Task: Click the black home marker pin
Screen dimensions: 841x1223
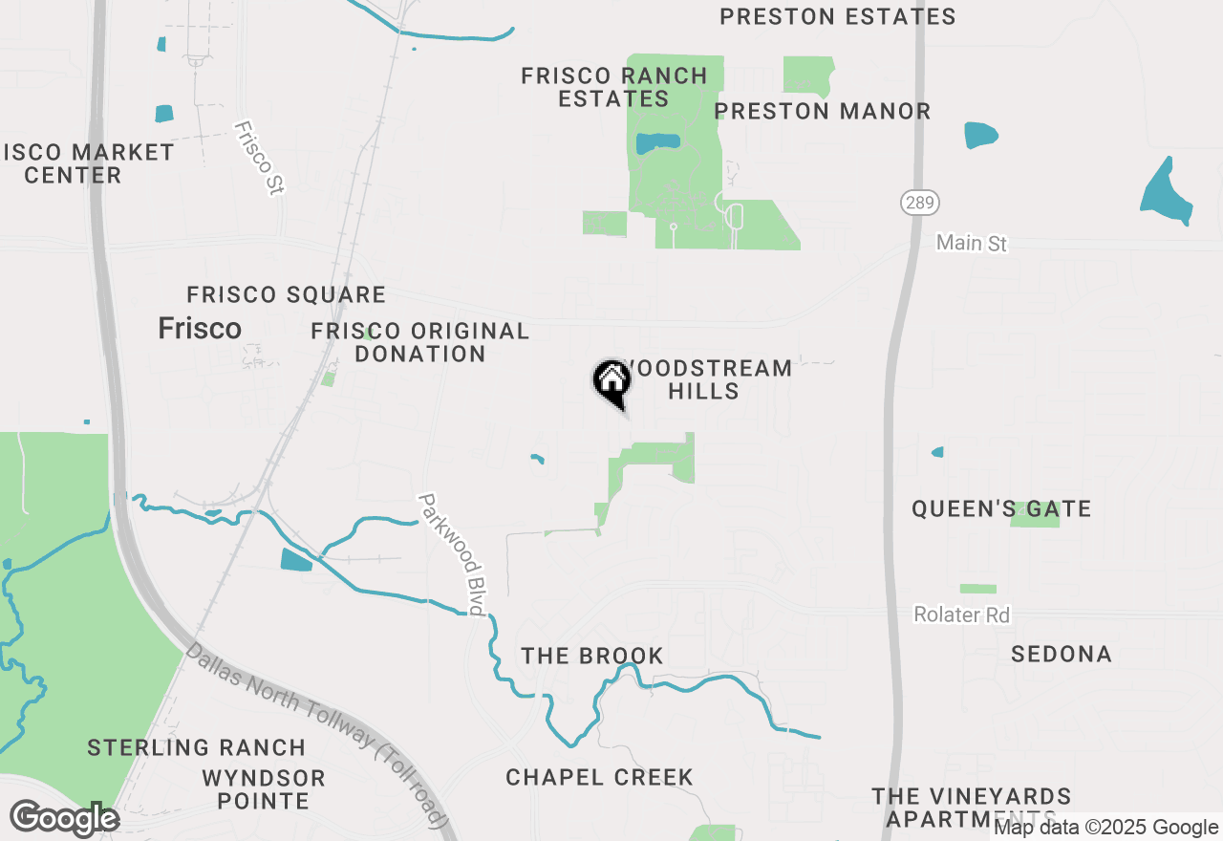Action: click(x=612, y=382)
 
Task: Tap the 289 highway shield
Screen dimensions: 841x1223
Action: click(x=919, y=203)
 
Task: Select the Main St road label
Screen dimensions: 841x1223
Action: click(x=971, y=244)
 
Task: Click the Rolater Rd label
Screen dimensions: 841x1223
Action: click(x=961, y=615)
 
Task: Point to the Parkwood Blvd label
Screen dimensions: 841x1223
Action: click(x=453, y=553)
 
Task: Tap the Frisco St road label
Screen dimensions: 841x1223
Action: click(x=259, y=158)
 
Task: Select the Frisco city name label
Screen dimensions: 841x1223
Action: click(x=200, y=329)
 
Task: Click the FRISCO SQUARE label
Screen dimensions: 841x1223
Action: click(x=286, y=294)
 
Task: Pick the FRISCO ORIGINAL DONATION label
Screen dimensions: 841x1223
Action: click(x=420, y=342)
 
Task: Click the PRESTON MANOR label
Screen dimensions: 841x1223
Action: click(x=822, y=111)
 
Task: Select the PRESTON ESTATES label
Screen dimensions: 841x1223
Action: click(x=837, y=16)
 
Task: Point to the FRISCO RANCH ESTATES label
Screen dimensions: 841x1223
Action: click(x=614, y=87)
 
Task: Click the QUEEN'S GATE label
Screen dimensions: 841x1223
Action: click(x=1000, y=508)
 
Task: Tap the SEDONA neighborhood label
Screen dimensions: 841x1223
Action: click(x=1061, y=655)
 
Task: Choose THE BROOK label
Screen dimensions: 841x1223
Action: click(x=591, y=656)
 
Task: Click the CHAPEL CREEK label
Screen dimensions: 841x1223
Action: click(x=599, y=777)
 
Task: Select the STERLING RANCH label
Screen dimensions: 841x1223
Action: click(x=196, y=747)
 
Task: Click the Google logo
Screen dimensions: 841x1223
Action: click(x=64, y=819)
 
